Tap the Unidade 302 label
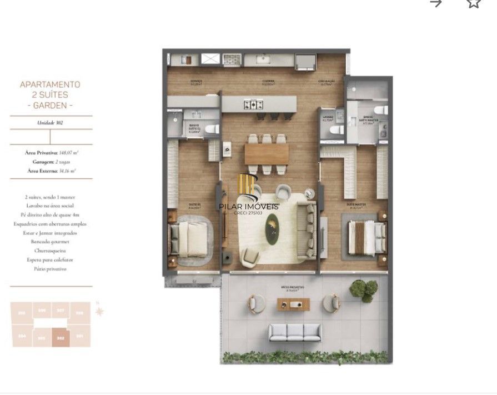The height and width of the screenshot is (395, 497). tap(51, 122)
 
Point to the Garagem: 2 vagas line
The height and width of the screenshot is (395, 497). tap(51, 162)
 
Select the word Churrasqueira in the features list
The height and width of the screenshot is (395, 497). tap(51, 251)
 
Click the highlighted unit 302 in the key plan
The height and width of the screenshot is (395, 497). tap(61, 337)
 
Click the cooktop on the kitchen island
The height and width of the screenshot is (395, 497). tap(255, 104)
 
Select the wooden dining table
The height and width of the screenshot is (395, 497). tap(267, 154)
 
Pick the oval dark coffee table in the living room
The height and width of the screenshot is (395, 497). tap(272, 229)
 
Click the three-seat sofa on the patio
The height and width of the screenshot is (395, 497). tap(295, 333)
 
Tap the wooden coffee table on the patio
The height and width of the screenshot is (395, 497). tap(293, 303)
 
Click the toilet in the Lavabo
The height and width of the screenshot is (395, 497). tap(335, 129)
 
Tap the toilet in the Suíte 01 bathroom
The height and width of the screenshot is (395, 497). tap(210, 129)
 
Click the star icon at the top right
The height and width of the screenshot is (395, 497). tap(473, 3)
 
